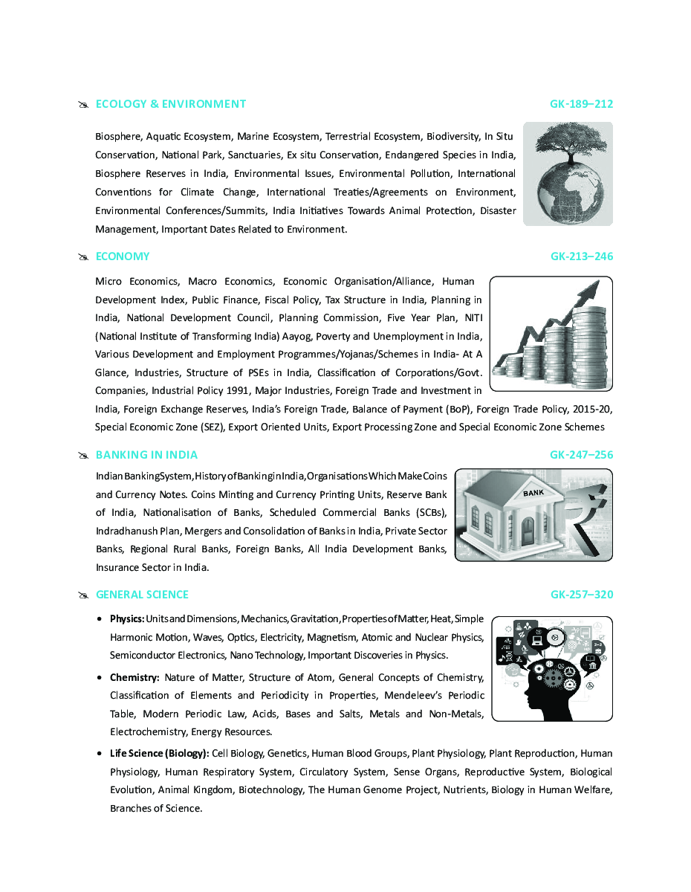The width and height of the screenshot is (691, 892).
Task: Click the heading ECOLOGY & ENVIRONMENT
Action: (x=170, y=104)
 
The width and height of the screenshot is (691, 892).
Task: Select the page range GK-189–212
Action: (x=581, y=104)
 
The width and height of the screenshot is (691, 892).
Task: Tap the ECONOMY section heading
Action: (x=123, y=256)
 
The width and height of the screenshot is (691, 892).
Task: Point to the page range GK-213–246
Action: (x=581, y=256)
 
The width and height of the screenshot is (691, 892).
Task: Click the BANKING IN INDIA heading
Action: (x=146, y=455)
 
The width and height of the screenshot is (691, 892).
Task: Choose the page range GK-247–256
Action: (x=581, y=455)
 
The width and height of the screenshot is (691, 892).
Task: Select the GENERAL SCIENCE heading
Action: (x=142, y=595)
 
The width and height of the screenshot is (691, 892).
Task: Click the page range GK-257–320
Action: (x=581, y=595)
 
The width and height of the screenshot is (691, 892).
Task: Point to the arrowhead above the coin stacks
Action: (x=591, y=290)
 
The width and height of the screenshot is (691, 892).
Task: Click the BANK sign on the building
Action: (x=533, y=493)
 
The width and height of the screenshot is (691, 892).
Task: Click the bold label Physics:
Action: (x=127, y=618)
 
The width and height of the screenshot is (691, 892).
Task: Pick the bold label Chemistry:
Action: (x=134, y=677)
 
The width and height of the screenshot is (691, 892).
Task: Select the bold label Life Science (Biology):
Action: (x=159, y=754)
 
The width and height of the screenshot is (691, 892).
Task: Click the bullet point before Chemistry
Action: (x=100, y=678)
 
